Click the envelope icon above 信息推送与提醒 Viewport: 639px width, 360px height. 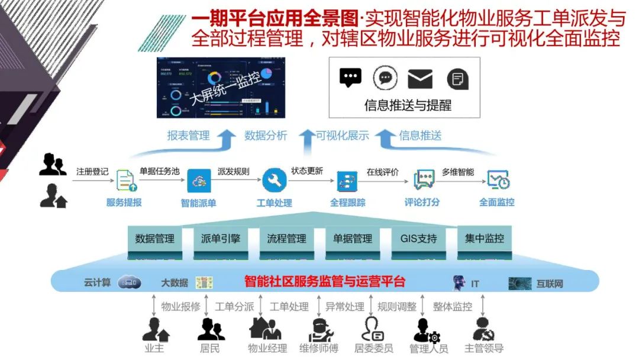click(420, 79)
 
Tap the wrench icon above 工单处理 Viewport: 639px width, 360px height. click(274, 180)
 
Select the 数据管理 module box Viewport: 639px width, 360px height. click(155, 239)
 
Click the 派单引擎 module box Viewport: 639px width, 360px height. click(221, 239)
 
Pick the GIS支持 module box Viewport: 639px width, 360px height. click(419, 239)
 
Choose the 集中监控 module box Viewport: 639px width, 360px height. click(485, 239)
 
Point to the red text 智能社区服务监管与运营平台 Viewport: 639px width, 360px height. click(325, 281)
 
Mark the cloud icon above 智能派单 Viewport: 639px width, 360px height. click(199, 180)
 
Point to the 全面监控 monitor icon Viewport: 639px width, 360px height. click(498, 180)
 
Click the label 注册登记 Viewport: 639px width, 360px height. click(92, 172)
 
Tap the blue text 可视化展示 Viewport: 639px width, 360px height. click(343, 136)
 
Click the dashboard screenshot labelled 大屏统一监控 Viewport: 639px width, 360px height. click(217, 88)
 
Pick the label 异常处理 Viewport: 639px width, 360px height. click(345, 307)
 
